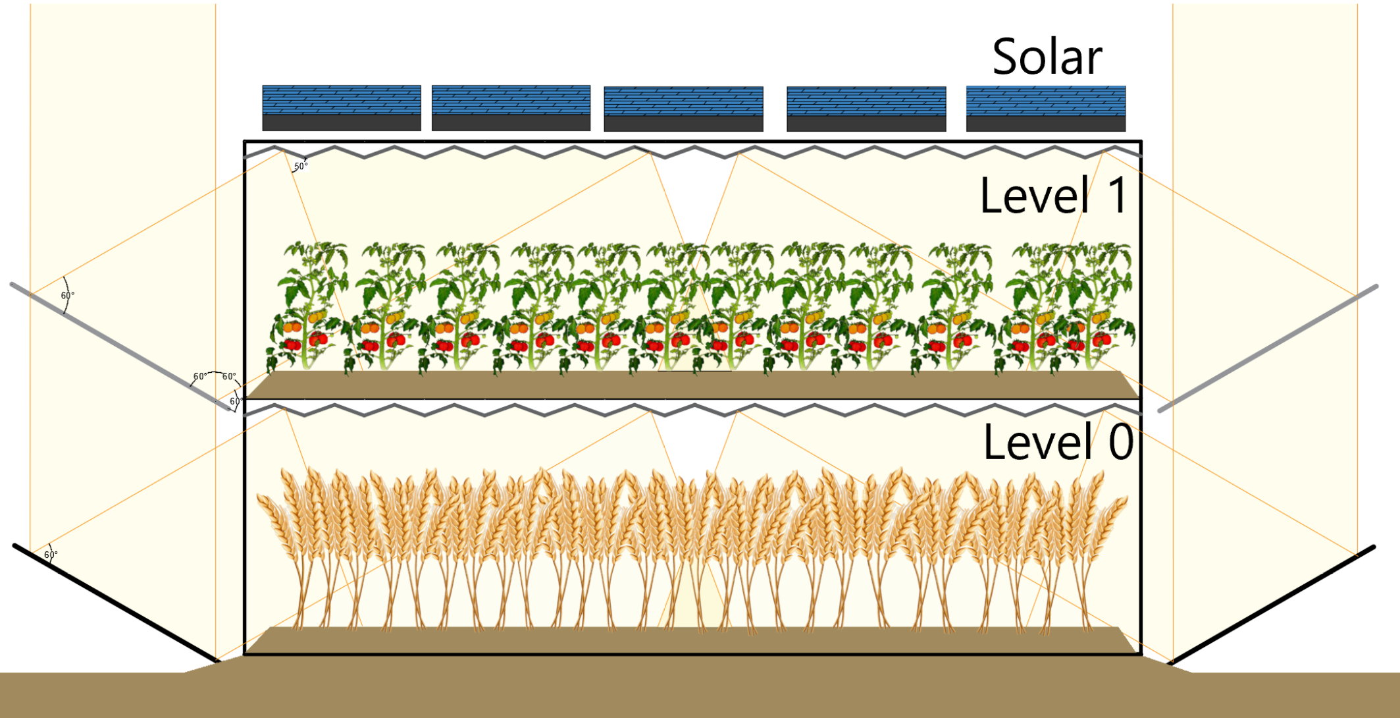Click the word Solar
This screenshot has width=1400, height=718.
pos(1047,57)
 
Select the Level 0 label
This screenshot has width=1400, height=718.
pos(1058,442)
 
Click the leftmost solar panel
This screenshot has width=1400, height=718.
pos(342,108)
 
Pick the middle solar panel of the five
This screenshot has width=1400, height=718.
pos(683,109)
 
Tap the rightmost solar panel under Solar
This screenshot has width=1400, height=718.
pos(1045,109)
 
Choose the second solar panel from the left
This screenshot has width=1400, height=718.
pos(511,108)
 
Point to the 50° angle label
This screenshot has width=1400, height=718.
pos(300,167)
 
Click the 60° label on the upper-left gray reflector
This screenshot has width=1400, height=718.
pos(67,296)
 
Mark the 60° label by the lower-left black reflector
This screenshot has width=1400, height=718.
pos(51,555)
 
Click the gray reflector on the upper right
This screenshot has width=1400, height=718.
pos(1267,348)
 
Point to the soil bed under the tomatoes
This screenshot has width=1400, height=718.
pos(691,384)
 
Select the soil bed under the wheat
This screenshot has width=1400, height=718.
pos(691,640)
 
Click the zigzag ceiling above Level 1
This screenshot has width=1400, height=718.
pos(691,153)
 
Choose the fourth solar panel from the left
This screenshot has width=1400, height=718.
pos(866,109)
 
